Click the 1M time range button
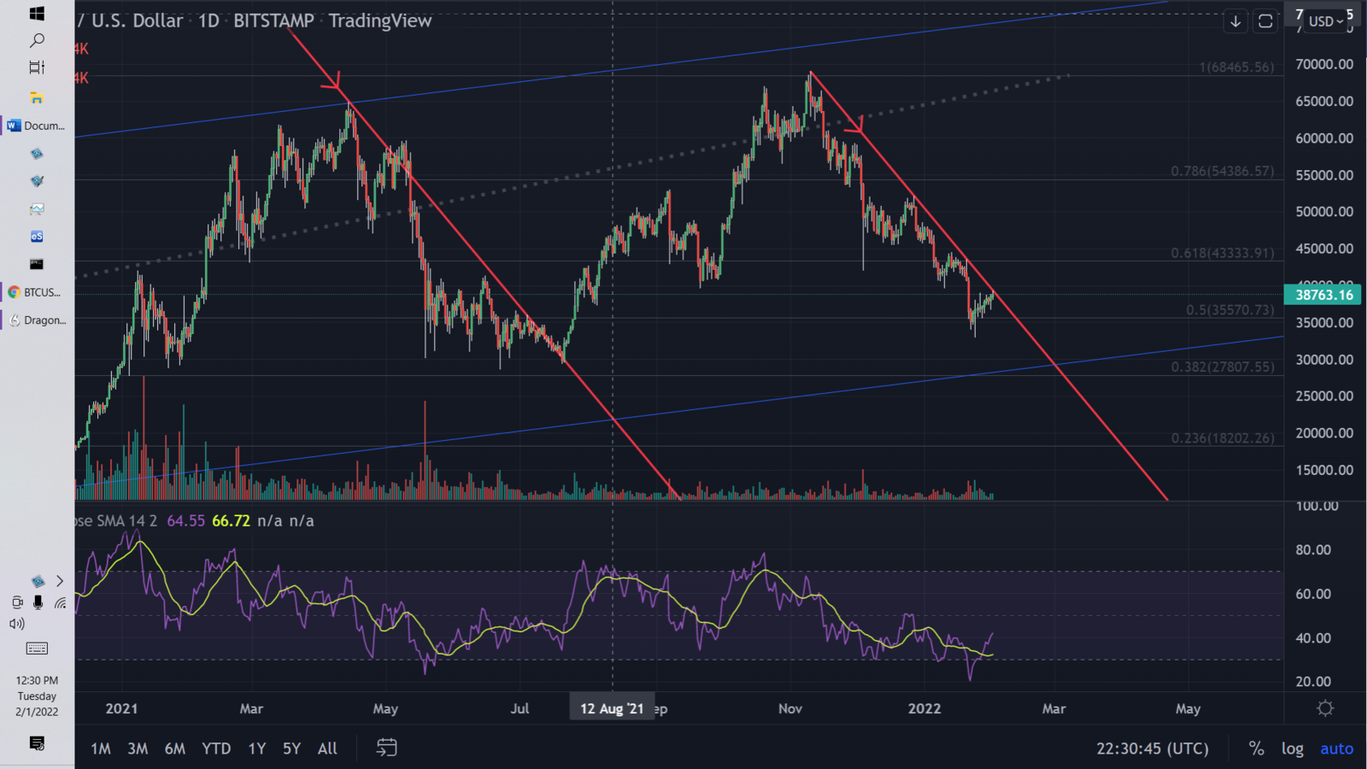[101, 748]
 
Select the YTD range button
[216, 748]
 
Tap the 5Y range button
[291, 748]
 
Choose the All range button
[327, 748]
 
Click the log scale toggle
[1292, 748]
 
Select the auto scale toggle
[1336, 748]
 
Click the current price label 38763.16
[1323, 295]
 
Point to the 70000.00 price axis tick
[1324, 64]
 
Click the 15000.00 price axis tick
[1324, 470]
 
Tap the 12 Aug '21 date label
[612, 708]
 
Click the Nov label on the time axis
[790, 708]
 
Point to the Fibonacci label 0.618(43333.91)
[1222, 253]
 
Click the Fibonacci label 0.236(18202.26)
[1222, 437]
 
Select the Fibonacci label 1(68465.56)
[1236, 67]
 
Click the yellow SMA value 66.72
[231, 520]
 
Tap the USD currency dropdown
[1325, 21]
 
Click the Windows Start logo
[37, 14]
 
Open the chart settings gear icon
[1325, 708]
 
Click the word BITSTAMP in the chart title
[273, 21]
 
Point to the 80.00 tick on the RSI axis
[1313, 549]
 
